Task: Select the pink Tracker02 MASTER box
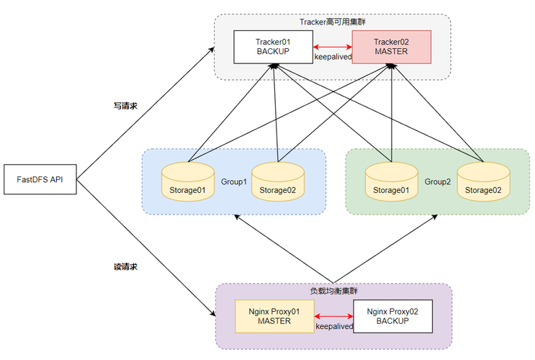[391, 47]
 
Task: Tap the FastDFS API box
[40, 179]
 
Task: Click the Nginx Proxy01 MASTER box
[275, 317]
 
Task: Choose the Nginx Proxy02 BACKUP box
[392, 317]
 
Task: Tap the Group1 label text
[233, 182]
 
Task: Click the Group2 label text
[437, 182]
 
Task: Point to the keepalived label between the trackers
[333, 56]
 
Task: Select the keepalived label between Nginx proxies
[334, 326]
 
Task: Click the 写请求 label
[125, 106]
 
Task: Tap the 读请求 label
[125, 266]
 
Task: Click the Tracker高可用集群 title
[333, 22]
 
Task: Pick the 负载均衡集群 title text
[333, 292]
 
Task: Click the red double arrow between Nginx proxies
[334, 316]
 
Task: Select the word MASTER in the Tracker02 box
[391, 52]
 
